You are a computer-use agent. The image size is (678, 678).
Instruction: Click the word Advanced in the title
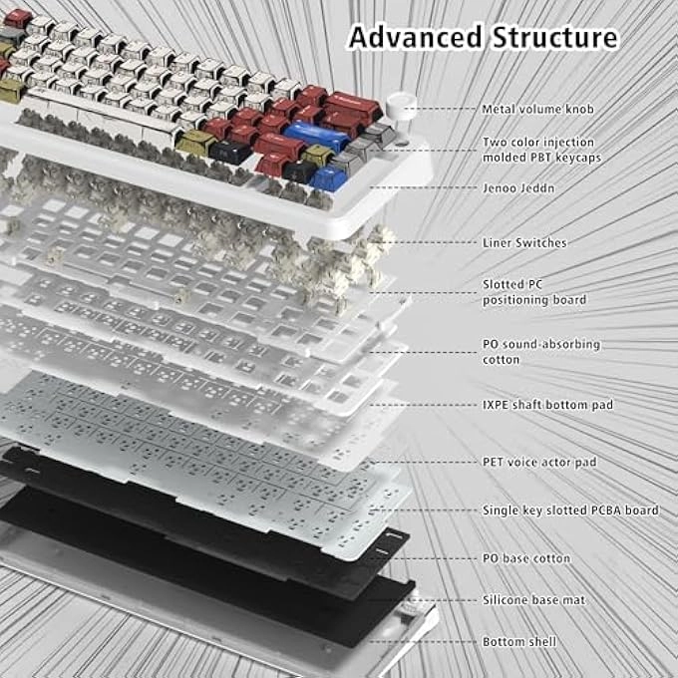415,37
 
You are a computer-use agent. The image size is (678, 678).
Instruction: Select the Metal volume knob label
537,109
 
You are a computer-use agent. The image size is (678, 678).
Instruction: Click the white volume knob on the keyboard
401,105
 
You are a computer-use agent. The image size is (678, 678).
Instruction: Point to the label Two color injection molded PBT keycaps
541,150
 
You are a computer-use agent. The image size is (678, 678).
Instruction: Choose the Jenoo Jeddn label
518,188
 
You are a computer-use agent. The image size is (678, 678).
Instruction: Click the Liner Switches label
524,242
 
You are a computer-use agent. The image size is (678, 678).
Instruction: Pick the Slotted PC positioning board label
534,292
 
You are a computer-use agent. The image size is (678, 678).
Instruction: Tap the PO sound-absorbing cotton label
541,352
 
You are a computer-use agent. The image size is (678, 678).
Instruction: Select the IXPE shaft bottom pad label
547,405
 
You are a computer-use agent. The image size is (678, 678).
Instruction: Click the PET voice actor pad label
539,462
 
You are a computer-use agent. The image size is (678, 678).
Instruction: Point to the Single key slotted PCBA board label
570,510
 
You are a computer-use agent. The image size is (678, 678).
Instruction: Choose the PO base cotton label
526,558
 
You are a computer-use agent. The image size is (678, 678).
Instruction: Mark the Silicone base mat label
534,600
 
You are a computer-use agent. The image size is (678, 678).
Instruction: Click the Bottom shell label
519,642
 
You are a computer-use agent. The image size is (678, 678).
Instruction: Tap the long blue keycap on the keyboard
317,134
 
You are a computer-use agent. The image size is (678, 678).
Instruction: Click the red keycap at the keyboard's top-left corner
17,18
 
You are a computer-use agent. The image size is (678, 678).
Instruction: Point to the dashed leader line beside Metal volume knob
447,109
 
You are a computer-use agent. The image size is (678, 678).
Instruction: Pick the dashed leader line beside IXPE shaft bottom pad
423,405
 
